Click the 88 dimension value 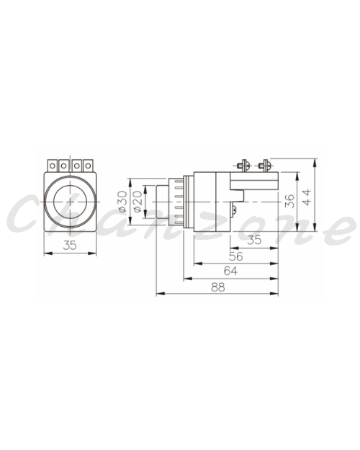pyautogui.click(x=218, y=287)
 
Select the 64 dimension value pyautogui.click(x=230, y=271)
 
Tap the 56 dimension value pyautogui.click(x=236, y=256)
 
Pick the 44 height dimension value pyautogui.click(x=307, y=197)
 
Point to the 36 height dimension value pyautogui.click(x=290, y=201)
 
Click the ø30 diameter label pyautogui.click(x=123, y=201)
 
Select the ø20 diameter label pyautogui.click(x=138, y=202)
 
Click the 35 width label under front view pyautogui.click(x=70, y=245)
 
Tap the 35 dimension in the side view pyautogui.click(x=254, y=240)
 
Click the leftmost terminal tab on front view pyautogui.click(x=53, y=166)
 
